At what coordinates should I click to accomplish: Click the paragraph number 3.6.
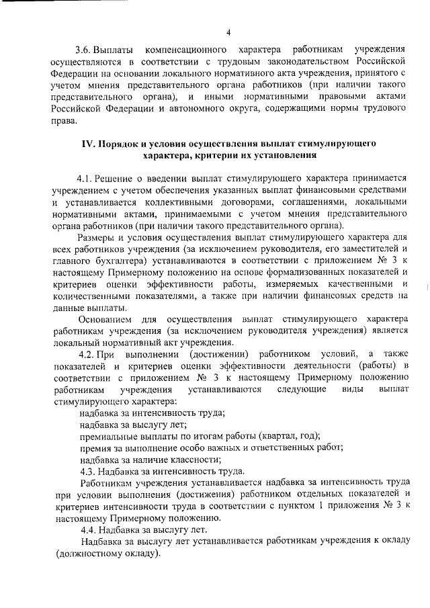point(85,51)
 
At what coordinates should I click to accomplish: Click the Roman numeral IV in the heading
point(89,144)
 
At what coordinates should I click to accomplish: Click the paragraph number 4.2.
point(85,354)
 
